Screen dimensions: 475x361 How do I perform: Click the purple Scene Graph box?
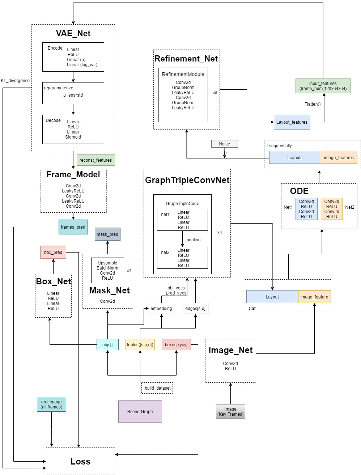140,411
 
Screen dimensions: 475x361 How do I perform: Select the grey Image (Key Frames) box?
230,411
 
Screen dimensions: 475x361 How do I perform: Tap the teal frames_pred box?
73,227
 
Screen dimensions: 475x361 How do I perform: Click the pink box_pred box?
53,252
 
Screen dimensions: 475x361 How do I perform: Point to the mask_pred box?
107,234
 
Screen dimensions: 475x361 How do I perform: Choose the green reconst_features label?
95,160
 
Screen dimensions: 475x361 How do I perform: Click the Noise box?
224,144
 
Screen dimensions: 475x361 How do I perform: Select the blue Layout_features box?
292,122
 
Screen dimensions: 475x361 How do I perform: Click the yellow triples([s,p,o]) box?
140,344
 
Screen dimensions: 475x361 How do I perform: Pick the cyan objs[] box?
107,344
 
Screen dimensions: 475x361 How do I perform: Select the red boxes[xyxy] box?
176,344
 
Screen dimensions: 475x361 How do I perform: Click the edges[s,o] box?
195,308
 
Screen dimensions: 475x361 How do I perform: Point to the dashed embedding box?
161,308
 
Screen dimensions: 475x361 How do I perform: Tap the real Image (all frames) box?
51,404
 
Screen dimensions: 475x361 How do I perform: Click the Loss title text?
80,461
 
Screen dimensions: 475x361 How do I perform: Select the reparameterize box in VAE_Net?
73,93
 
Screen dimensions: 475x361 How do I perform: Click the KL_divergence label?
15,80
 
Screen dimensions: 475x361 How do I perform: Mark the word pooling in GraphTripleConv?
194,239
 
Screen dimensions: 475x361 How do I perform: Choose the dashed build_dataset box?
157,388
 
